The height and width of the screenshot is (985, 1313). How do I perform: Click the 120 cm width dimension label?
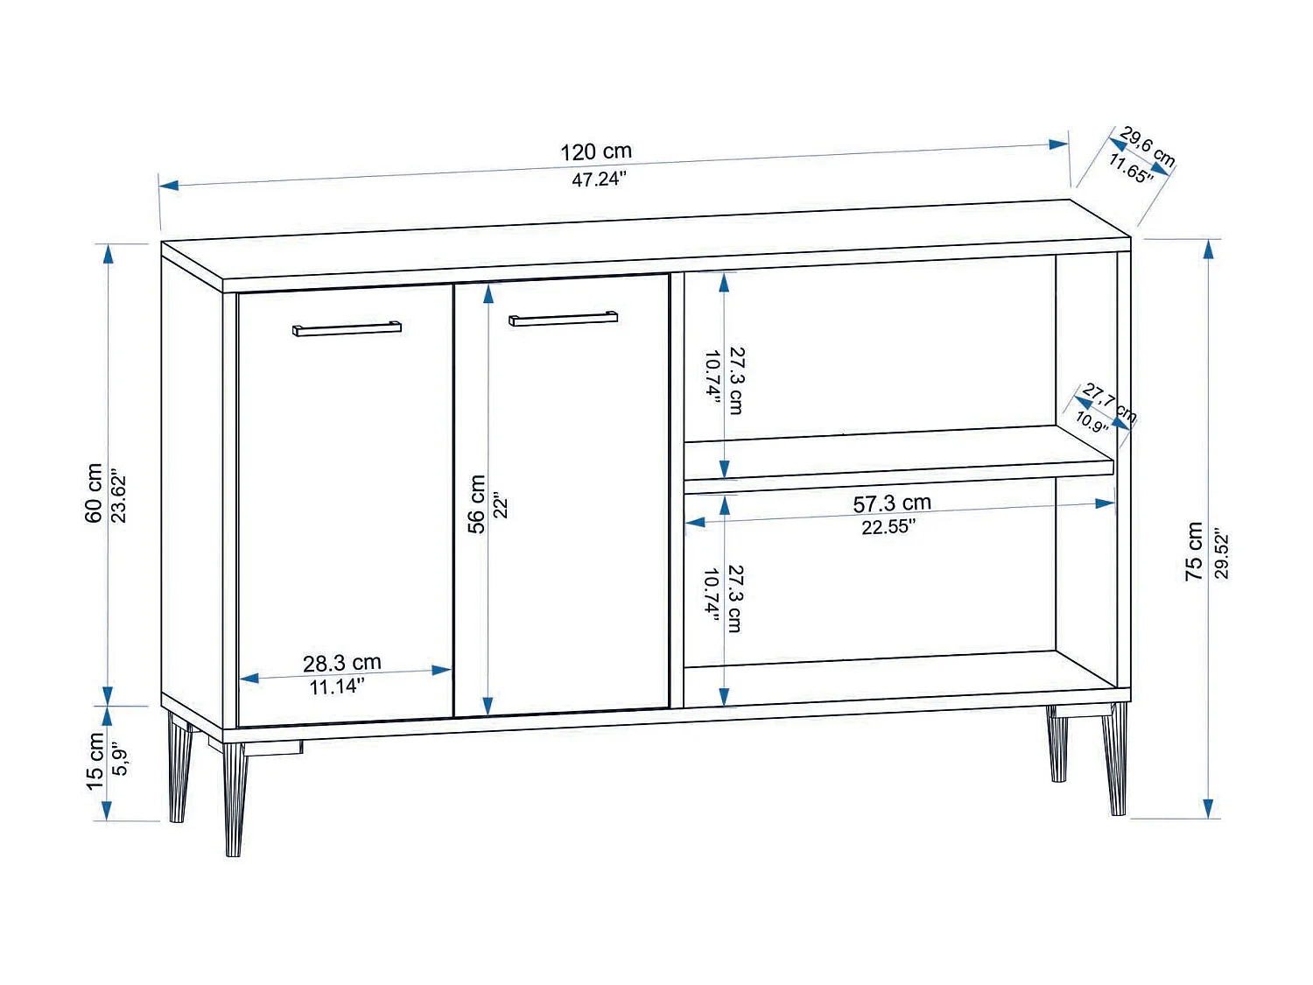tap(596, 151)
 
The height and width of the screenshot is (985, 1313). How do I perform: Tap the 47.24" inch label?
tap(599, 179)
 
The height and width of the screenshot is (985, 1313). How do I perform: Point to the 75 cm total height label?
tap(1194, 551)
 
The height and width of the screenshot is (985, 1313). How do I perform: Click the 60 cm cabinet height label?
tap(94, 494)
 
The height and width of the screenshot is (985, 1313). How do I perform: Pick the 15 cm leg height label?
tap(95, 762)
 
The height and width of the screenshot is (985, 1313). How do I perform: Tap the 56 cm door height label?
tap(476, 504)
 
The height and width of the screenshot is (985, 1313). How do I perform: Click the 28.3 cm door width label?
tap(342, 663)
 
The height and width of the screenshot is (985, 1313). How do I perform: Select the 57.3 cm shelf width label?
tap(892, 503)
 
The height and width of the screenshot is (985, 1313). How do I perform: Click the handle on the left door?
tap(347, 329)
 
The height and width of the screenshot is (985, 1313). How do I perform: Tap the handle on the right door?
tap(563, 319)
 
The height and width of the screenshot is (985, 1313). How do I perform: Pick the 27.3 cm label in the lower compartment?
tap(736, 599)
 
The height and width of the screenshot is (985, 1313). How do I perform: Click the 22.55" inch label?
tap(888, 527)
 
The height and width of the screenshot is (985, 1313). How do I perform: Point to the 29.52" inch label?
tap(1222, 553)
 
